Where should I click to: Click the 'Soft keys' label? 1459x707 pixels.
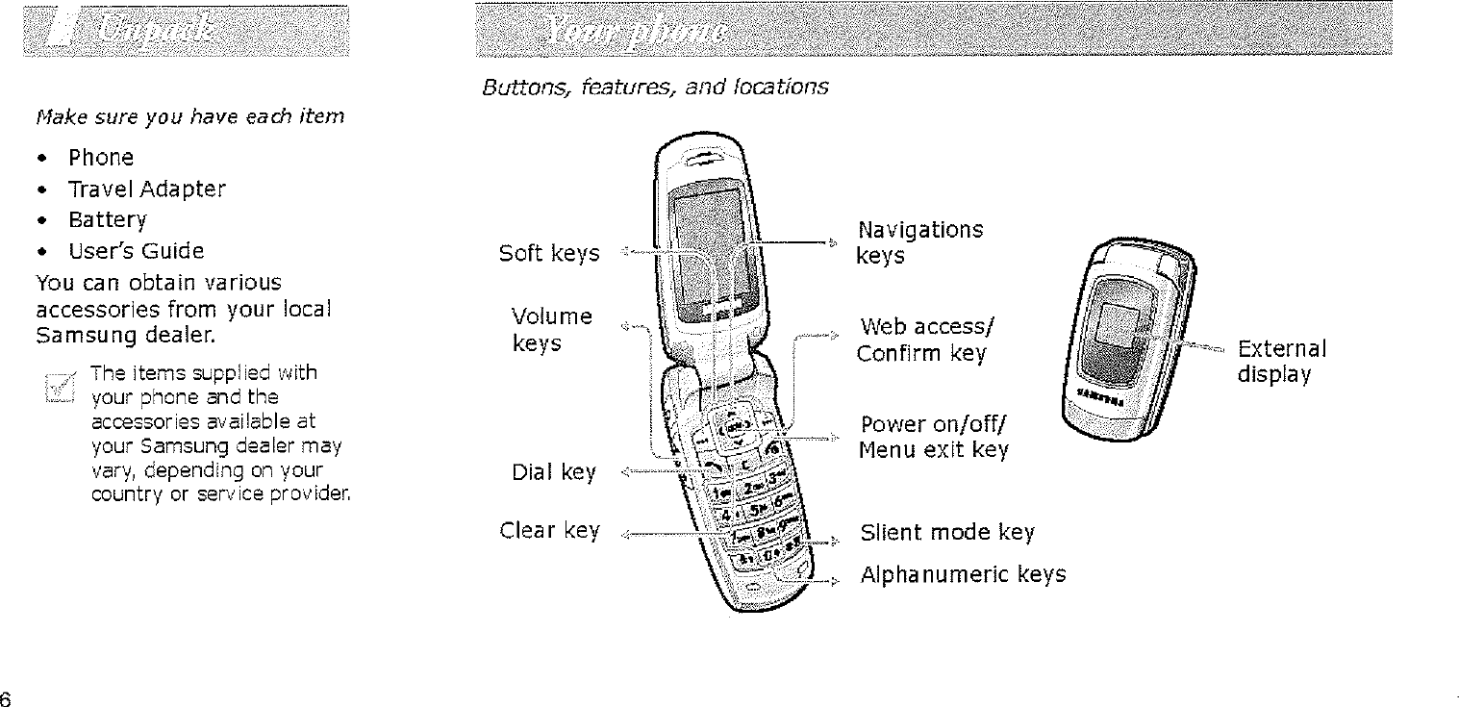coord(549,254)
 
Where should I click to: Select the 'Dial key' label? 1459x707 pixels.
coord(554,472)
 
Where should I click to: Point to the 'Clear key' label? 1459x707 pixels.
coord(550,530)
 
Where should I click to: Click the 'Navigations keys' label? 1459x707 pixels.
coord(919,242)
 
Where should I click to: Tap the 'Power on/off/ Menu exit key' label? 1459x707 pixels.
coord(934,438)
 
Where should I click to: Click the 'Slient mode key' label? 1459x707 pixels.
coord(947,533)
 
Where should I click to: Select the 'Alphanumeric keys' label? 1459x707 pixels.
coord(963,575)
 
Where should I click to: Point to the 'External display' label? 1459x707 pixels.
coord(1281,360)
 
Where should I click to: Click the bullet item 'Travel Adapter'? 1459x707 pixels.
coord(146,189)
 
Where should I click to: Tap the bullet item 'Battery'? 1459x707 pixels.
coord(107,220)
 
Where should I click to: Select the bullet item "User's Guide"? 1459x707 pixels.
coord(136,252)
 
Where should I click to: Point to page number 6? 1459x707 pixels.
coord(7,697)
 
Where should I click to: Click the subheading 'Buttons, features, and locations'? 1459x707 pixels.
coord(654,88)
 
